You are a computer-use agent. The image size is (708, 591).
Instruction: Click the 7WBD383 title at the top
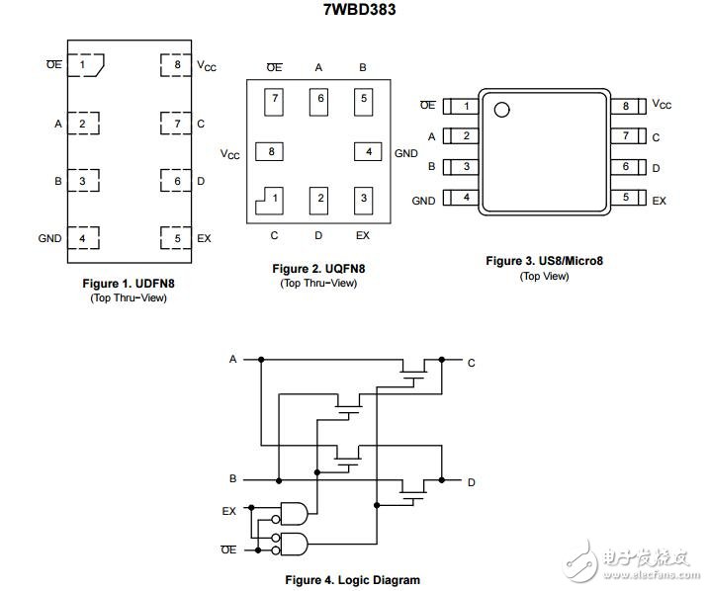click(359, 10)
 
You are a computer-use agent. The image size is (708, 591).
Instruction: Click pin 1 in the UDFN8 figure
click(86, 65)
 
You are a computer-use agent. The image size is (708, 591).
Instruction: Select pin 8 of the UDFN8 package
click(176, 65)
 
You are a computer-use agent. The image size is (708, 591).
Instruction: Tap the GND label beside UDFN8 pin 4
click(49, 238)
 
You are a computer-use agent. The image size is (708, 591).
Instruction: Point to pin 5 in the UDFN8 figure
click(176, 238)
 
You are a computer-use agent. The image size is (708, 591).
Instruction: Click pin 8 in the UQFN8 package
click(270, 151)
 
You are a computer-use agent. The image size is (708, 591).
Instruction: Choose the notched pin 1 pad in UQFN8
click(270, 201)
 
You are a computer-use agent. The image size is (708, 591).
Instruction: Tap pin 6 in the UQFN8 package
click(318, 102)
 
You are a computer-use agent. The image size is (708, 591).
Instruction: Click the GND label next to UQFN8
click(406, 153)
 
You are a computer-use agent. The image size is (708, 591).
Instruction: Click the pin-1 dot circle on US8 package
click(501, 110)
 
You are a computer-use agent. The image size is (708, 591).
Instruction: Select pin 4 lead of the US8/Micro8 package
click(461, 198)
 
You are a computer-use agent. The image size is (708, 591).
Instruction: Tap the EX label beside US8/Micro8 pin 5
click(659, 201)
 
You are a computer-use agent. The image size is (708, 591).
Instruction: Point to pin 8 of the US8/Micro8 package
click(629, 106)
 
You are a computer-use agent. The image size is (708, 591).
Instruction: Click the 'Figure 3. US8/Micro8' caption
click(544, 261)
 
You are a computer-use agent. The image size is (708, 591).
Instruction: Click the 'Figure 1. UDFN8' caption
click(129, 284)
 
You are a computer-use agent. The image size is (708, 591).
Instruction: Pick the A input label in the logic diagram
click(233, 359)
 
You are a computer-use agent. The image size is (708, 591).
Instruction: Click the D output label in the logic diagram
click(472, 482)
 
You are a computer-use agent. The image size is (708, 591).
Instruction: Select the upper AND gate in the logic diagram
click(294, 513)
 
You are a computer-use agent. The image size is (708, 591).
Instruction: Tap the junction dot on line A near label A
click(261, 360)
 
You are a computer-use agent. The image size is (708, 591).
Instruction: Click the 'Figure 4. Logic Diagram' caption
click(352, 580)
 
